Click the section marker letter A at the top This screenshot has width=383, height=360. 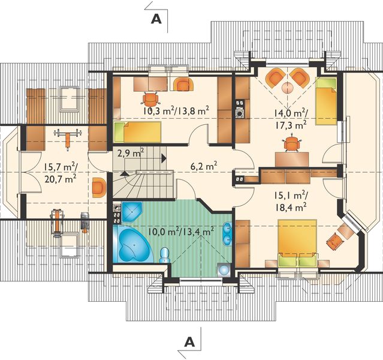tap(156, 19)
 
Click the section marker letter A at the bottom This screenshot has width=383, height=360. tap(189, 341)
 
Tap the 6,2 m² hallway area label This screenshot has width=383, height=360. tap(204, 167)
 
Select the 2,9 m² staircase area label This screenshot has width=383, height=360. tap(131, 153)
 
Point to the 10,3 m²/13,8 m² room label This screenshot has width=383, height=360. tap(176, 111)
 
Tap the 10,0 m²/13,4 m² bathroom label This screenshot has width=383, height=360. tap(181, 230)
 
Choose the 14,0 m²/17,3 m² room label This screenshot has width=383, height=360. tap(290, 119)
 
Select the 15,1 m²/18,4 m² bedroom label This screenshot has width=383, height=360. tap(290, 202)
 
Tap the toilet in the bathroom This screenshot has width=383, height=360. tap(164, 255)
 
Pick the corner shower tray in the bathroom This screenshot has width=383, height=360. tap(131, 212)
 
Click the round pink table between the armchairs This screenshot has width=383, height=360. tap(288, 88)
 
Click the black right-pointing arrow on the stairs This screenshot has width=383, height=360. tap(164, 158)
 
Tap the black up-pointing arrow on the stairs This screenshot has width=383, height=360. tap(124, 173)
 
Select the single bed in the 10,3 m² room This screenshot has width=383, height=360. tap(137, 132)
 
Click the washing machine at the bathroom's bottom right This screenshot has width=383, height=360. tap(224, 270)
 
